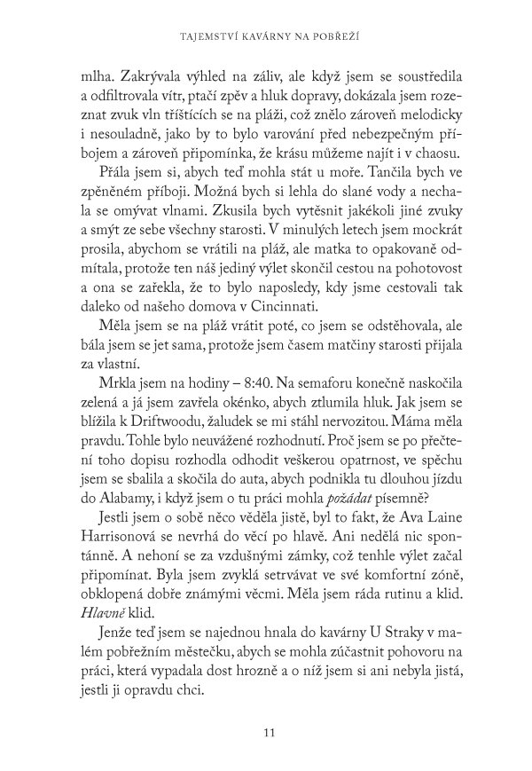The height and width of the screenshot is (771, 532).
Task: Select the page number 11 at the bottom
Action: point(266,707)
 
